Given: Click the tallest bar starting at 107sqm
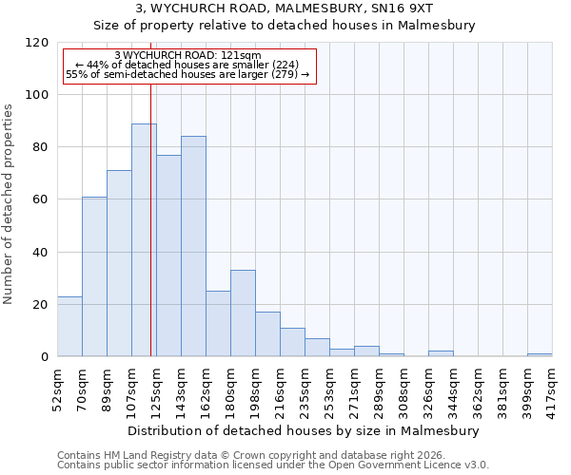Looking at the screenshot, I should (144, 239).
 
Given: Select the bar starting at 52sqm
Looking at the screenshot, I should (69, 326).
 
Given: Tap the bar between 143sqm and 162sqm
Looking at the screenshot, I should (193, 246).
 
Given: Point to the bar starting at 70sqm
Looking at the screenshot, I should (94, 276).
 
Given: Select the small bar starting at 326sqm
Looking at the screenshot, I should (441, 353).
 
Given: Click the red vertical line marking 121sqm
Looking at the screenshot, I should (150, 237).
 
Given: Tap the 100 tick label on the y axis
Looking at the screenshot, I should (37, 95).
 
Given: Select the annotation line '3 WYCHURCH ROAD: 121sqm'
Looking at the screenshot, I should (187, 55).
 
